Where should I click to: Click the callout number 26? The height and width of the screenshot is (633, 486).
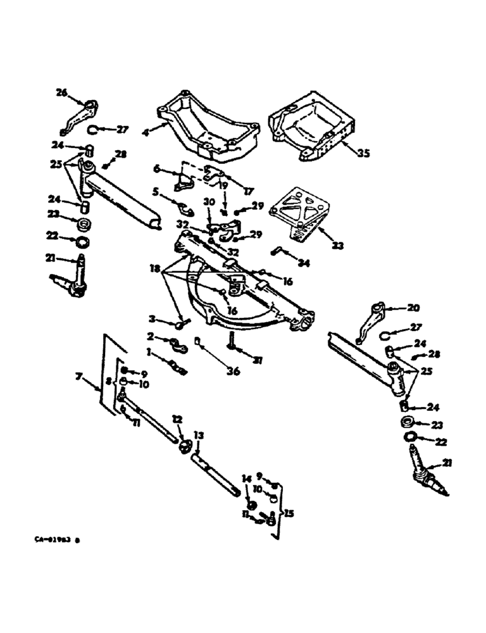(x=61, y=92)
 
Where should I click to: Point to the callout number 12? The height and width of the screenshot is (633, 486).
(x=177, y=419)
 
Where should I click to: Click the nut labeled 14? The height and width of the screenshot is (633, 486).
(x=251, y=505)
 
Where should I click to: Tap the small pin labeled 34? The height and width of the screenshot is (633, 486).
(x=278, y=251)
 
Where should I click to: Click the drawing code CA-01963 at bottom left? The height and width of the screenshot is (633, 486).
(x=58, y=540)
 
